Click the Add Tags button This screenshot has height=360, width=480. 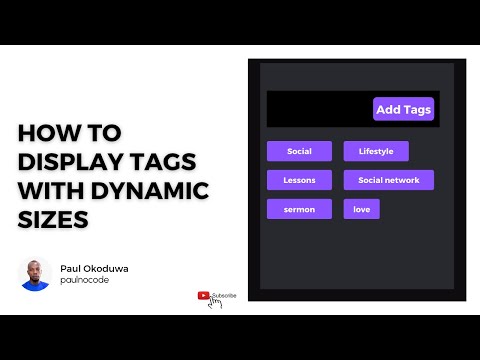[x=403, y=109]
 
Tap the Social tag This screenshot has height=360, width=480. [x=299, y=152]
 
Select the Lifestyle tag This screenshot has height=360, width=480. [x=376, y=152]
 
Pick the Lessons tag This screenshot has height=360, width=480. [x=299, y=181]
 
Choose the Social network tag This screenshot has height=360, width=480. [x=389, y=181]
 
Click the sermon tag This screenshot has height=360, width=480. [x=299, y=210]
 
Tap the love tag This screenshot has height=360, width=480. [x=361, y=210]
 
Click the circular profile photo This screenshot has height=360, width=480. [x=35, y=273]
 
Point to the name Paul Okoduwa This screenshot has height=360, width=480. [x=95, y=268]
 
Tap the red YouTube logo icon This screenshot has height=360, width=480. [x=203, y=295]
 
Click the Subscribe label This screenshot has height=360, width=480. [x=224, y=295]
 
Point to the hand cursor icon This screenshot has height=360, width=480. [x=213, y=304]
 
